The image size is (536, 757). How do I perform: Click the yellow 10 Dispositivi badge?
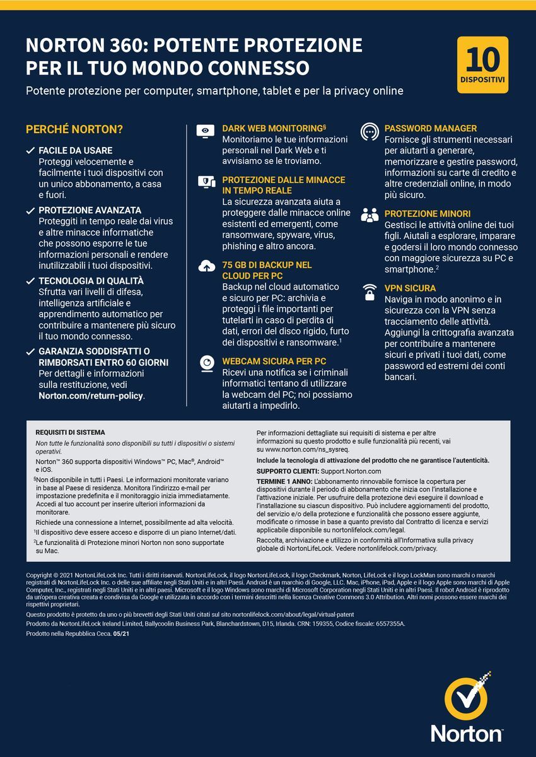tap(482, 65)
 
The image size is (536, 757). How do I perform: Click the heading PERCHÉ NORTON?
tap(74, 130)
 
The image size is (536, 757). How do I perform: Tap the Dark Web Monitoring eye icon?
tap(206, 131)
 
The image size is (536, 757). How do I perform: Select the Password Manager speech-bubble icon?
tap(370, 131)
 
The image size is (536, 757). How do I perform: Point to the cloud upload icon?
tap(206, 267)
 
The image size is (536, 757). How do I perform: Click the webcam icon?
tap(206, 363)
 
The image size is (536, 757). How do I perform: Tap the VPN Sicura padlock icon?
tap(370, 292)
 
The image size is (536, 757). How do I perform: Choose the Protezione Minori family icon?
tap(370, 215)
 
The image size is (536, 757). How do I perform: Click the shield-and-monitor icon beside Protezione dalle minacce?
tap(206, 182)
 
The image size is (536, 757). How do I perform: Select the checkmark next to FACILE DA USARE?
tap(30, 151)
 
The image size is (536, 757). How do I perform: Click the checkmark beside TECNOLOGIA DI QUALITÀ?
tap(30, 281)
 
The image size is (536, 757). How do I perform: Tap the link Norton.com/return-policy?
tap(91, 396)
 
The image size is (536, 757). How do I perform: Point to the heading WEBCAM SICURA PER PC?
tap(274, 361)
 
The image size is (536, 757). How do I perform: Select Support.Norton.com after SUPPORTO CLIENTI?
tap(351, 471)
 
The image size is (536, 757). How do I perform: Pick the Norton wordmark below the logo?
tap(467, 734)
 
